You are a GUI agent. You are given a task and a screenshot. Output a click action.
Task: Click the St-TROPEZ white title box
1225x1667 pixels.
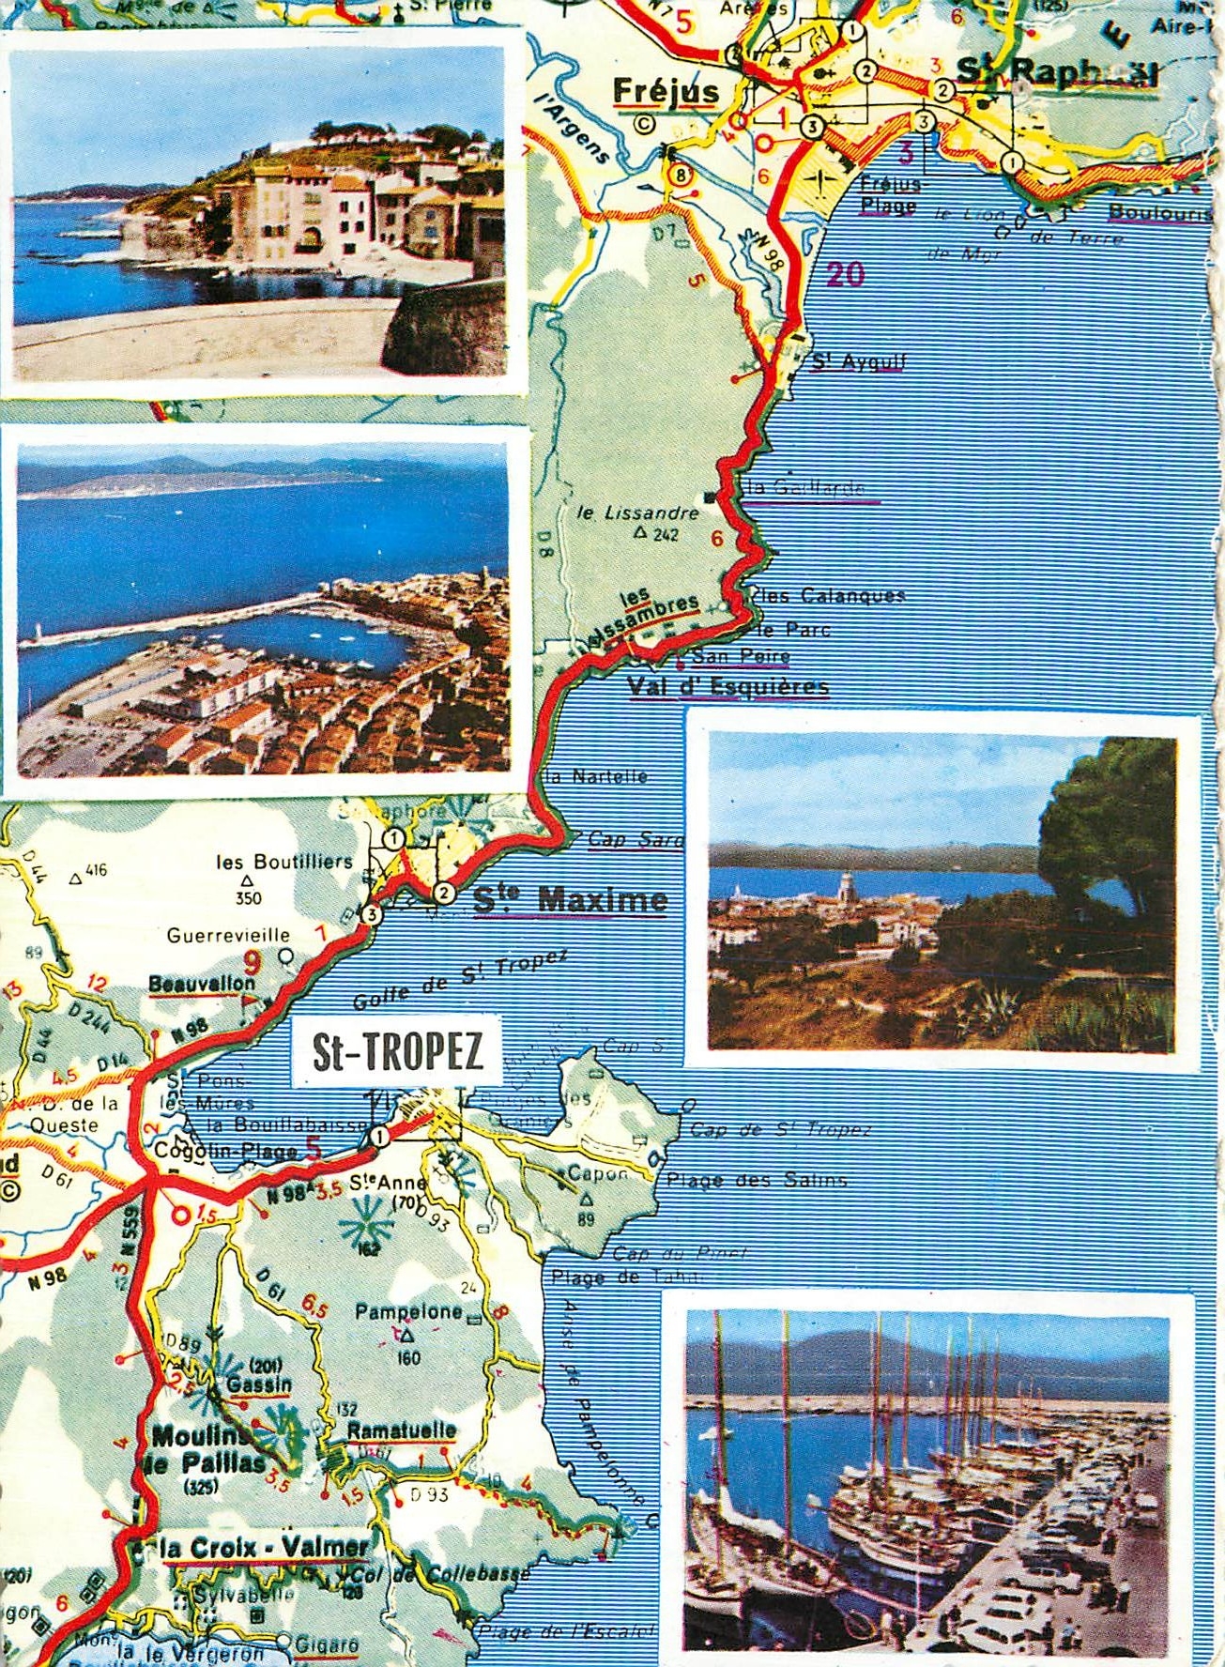[397, 1052]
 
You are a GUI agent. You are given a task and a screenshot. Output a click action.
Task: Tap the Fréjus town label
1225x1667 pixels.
[666, 92]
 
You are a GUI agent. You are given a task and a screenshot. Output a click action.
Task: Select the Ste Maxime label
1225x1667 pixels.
[570, 900]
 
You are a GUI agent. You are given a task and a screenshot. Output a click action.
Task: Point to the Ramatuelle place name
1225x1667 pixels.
[401, 1431]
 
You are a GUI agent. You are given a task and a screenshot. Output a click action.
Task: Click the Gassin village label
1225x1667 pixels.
[259, 1384]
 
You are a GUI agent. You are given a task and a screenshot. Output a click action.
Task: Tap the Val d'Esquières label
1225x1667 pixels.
[727, 687]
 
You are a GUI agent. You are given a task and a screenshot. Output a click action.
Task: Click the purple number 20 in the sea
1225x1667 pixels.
[845, 274]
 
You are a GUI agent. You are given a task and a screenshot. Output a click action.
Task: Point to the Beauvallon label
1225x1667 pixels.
[202, 983]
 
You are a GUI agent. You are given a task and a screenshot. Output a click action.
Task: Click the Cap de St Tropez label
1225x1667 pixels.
[780, 1130]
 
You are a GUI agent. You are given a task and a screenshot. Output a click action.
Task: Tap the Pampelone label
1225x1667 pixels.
[408, 1311]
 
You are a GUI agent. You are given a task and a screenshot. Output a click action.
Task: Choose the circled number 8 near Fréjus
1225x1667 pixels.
[680, 175]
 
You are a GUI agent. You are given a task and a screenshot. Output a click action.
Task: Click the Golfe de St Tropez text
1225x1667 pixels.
[460, 980]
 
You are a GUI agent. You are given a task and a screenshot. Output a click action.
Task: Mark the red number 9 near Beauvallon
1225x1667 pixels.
[251, 961]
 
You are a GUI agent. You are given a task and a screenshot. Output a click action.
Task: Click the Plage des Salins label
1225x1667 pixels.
[757, 1181]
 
